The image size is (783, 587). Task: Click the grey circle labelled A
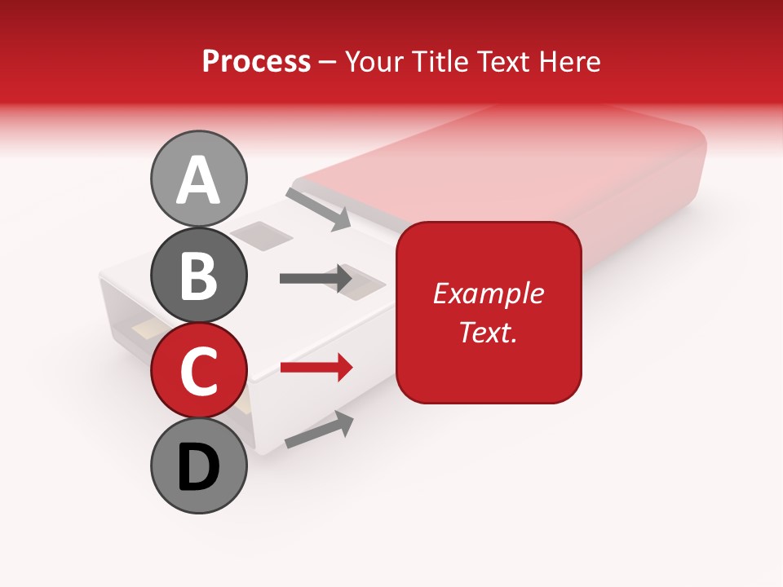[199, 179]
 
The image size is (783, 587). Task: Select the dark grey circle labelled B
[199, 276]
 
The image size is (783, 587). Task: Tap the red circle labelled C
[199, 370]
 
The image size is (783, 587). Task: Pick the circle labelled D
[199, 466]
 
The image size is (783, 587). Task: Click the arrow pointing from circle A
[318, 209]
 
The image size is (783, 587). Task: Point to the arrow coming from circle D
[319, 430]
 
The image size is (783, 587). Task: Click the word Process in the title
[256, 61]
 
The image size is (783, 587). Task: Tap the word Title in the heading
[439, 61]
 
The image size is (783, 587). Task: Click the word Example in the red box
[488, 293]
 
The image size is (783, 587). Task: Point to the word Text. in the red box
[488, 332]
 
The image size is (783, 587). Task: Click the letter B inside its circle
[199, 276]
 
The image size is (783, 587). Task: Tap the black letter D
[199, 468]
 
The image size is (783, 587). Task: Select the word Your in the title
[376, 61]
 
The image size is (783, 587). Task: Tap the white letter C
[199, 371]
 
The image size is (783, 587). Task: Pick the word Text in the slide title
[502, 61]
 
